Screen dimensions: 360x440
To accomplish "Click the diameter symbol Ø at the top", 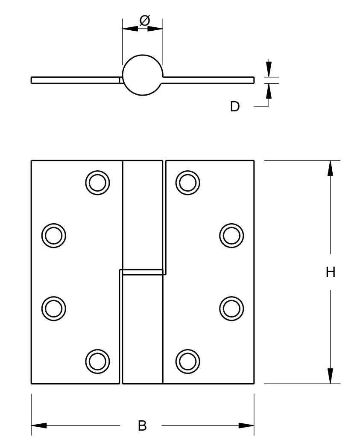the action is (145, 20).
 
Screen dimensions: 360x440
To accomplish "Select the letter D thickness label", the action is (235, 107).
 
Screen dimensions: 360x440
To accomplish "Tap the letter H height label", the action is (331, 272).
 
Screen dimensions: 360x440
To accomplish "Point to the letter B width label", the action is (142, 425).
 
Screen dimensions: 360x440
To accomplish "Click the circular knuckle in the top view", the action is (143, 75).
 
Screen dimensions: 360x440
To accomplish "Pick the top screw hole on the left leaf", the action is (97, 183).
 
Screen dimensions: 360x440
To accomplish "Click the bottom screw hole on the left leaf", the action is (97, 361).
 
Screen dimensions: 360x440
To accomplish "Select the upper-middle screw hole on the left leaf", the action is (54, 236).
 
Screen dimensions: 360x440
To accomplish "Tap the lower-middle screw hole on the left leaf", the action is (54, 309).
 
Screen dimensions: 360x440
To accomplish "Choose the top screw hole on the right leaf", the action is (187, 183).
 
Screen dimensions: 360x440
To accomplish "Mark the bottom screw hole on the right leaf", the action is (187, 361).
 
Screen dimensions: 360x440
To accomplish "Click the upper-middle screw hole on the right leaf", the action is (231, 236).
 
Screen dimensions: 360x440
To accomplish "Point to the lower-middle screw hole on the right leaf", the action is (231, 309).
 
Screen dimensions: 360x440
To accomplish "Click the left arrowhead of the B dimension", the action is (39, 425).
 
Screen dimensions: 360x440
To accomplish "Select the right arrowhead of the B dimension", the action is (246, 425).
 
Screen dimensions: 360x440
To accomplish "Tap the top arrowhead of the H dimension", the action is (331, 169).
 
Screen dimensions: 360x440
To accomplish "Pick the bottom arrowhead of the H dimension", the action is (331, 376).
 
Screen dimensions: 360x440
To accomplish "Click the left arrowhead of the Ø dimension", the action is (130, 29).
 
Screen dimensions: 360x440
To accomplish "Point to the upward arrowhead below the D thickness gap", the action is (269, 90).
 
